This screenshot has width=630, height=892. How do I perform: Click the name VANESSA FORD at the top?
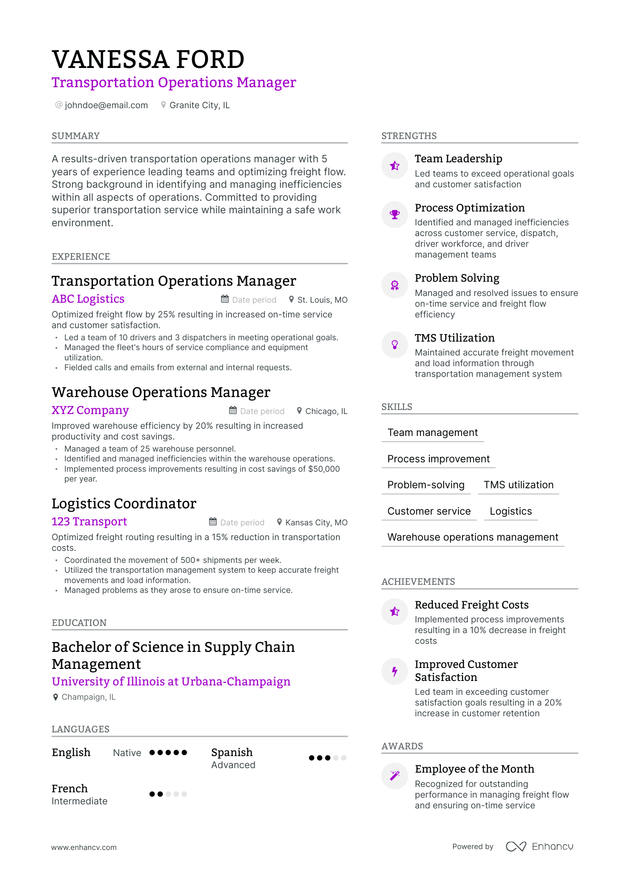point(148,59)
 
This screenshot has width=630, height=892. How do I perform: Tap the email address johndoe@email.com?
point(106,105)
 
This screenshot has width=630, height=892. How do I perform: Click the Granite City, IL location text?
point(199,105)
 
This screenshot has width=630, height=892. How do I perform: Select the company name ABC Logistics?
point(88,299)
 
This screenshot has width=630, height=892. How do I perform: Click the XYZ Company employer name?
point(90,410)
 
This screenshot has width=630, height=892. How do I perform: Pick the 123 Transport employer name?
point(89,521)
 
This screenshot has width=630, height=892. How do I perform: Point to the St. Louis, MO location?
point(322,300)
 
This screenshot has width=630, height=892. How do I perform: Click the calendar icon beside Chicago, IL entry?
point(233,410)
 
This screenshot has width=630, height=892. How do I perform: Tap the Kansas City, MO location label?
point(316,522)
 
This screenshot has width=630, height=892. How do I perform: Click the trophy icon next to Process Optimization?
point(395,215)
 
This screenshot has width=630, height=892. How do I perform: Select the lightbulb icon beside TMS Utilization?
point(395,344)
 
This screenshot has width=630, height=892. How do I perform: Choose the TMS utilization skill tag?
point(518,485)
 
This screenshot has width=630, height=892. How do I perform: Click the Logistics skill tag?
point(511,511)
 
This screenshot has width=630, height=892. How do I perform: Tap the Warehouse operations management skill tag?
point(473,537)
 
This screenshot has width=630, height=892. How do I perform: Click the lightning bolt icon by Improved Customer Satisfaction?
point(395,671)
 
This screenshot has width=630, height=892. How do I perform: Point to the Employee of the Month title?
point(475,769)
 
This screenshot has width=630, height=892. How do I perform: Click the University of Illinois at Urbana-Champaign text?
point(171,681)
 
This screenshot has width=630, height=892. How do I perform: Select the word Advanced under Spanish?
point(233,765)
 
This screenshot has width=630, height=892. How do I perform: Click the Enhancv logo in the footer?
point(540,846)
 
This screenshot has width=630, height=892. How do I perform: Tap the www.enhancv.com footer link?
point(84,847)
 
